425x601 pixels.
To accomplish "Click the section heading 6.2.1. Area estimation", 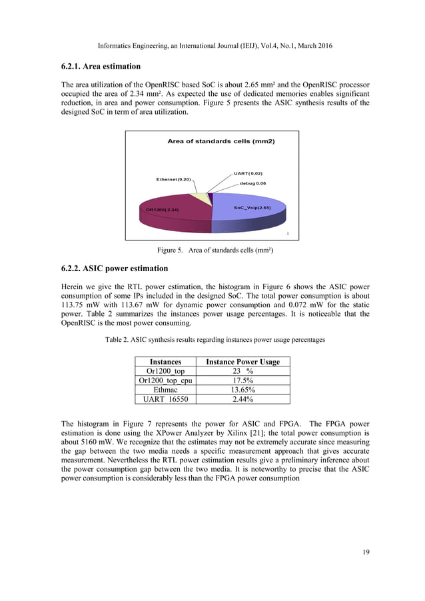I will tap(99, 67).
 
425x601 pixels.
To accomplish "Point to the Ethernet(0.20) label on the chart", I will tap(173, 179).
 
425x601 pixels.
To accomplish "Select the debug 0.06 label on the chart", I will tap(253, 183).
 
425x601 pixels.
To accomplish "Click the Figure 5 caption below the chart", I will tap(212, 251).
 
